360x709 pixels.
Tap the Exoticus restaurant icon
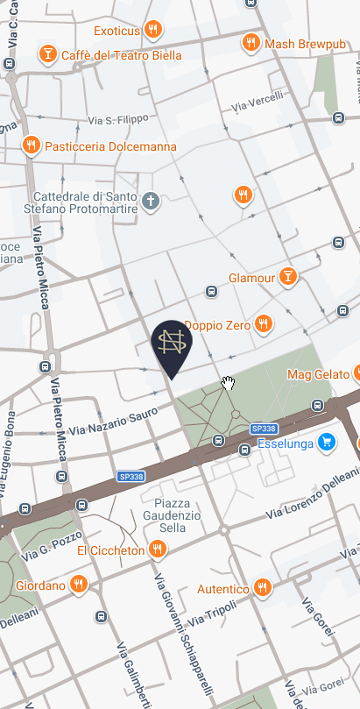(153, 31)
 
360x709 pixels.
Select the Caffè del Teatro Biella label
(121, 56)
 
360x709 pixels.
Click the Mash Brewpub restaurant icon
(251, 42)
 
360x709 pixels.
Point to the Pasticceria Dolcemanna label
(110, 146)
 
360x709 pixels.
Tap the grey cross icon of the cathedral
(151, 202)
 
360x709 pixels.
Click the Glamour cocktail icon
(287, 278)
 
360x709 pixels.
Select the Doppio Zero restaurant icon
(264, 325)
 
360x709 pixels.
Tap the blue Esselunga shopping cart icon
(327, 442)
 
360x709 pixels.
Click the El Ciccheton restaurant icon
(158, 549)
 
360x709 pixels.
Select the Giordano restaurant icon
(79, 585)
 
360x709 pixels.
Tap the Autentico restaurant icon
(261, 587)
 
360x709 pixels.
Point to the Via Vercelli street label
(258, 101)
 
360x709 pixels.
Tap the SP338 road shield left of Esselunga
(264, 429)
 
